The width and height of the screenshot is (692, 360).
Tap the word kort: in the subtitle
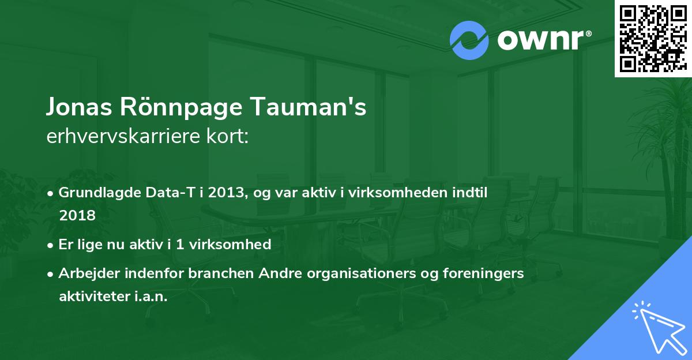click(229, 137)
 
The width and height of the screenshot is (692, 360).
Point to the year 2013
click(217, 193)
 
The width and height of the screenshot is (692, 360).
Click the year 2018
click(77, 215)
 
